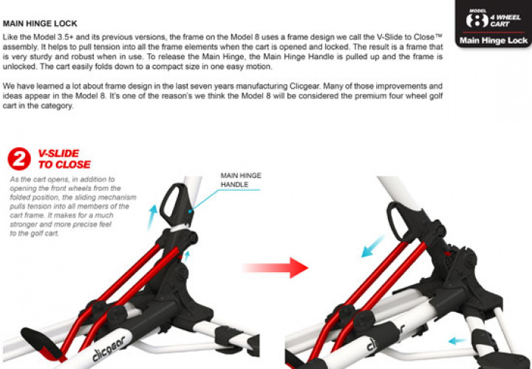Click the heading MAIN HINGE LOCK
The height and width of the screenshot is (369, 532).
pos(40,24)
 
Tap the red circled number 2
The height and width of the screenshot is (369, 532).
pos(19,158)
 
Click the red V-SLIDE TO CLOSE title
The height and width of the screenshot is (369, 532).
pos(64,159)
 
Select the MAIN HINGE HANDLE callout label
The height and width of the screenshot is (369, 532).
pos(241,180)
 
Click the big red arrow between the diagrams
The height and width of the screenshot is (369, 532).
pos(276,268)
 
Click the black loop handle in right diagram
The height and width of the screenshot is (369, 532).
pos(395,220)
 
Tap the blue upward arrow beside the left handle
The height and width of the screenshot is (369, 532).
pos(151,217)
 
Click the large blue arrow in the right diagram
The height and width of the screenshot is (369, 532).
pos(372,246)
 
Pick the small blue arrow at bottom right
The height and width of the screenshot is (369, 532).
pos(457,340)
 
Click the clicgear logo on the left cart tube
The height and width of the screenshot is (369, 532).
pos(109,349)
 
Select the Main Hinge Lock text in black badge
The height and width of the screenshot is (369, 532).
pos(494,41)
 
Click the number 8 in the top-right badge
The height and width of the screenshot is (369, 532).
pos(477,21)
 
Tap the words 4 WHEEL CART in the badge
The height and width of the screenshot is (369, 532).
pos(505,21)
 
